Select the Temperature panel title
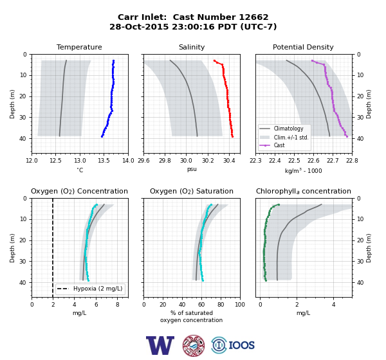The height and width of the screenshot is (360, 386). click(79, 47)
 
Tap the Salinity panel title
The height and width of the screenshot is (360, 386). click(192, 47)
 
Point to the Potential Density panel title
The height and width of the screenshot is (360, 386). click(303, 47)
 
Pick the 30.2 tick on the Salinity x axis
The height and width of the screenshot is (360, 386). click(208, 161)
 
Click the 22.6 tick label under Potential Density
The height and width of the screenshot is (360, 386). click(313, 161)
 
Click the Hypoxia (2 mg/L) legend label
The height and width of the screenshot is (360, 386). click(98, 289)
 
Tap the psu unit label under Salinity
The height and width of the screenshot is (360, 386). click(192, 169)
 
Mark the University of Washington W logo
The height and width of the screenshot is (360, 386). click(160, 345)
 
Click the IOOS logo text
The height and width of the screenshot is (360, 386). click(241, 345)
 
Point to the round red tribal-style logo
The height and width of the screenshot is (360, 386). click(194, 345)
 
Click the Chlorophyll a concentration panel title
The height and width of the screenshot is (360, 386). click(303, 191)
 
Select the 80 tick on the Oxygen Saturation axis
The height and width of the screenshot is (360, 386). click(221, 305)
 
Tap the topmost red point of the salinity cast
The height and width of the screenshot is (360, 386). click(214, 60)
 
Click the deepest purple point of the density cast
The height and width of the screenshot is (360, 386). click(347, 136)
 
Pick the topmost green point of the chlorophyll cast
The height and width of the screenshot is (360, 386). click(279, 204)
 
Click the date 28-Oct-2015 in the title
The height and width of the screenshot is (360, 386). click(139, 26)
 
